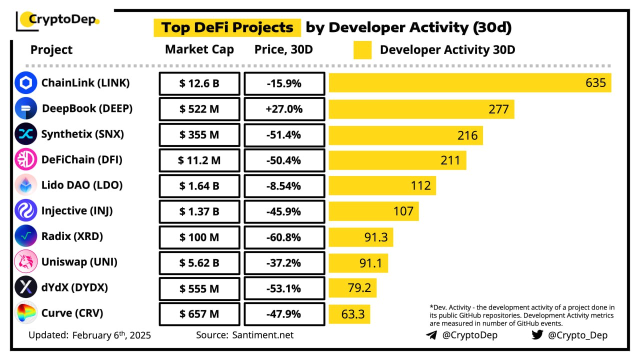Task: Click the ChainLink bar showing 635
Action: click(x=469, y=83)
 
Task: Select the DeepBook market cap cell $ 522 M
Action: click(x=199, y=109)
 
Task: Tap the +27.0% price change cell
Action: click(x=284, y=109)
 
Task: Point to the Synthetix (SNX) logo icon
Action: click(x=26, y=134)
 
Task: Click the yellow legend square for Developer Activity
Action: click(x=362, y=50)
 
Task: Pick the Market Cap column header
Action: click(x=199, y=49)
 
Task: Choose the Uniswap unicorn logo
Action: click(x=26, y=262)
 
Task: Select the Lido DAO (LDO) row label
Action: click(x=82, y=185)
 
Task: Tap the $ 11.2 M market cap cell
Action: click(x=199, y=160)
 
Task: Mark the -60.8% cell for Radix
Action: click(x=284, y=237)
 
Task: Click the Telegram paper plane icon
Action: click(x=431, y=335)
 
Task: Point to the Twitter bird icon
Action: click(x=537, y=334)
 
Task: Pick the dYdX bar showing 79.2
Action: click(x=352, y=288)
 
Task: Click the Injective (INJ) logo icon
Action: click(x=26, y=210)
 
